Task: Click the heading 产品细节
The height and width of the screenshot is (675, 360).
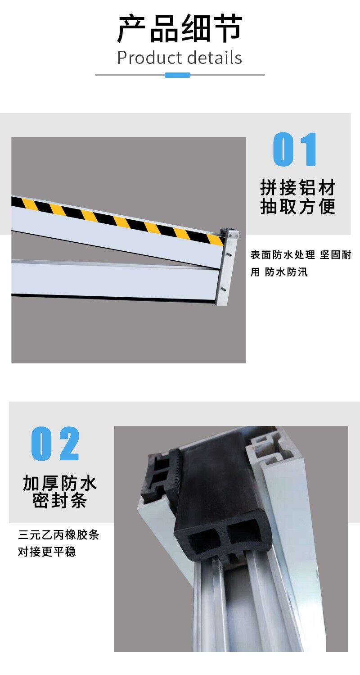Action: [x=180, y=29]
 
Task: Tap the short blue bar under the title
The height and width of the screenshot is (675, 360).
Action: [x=177, y=75]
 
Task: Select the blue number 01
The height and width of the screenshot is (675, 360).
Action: [x=295, y=149]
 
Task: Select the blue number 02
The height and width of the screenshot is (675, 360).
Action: [x=55, y=443]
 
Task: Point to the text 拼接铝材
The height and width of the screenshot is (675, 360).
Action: [x=297, y=187]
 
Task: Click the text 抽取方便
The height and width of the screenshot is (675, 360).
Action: [x=297, y=207]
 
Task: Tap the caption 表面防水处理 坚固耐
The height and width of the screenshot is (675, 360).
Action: [x=301, y=255]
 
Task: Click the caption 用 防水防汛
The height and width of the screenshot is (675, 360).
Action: [x=279, y=272]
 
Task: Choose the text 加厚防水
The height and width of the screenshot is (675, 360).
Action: [x=60, y=483]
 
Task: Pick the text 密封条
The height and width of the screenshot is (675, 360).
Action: [x=60, y=501]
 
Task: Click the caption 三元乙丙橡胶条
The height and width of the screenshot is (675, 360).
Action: [x=58, y=535]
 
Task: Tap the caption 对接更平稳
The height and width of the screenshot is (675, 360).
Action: [x=47, y=552]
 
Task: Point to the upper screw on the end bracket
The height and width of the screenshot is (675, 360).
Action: [x=230, y=255]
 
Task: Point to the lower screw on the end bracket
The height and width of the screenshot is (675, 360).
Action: [x=224, y=290]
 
